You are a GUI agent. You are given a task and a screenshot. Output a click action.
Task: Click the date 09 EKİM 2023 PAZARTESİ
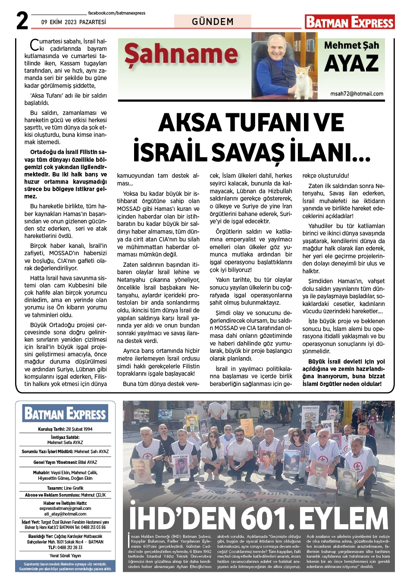[x=74, y=22]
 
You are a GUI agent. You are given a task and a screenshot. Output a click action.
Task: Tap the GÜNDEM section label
[x=213, y=22]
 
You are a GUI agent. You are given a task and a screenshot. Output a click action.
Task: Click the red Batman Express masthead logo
[x=350, y=22]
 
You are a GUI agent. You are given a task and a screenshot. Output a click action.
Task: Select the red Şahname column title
[x=181, y=55]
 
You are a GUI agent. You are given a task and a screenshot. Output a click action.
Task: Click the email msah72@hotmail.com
[x=357, y=93]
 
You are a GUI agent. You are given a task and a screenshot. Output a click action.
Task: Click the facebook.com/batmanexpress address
[x=116, y=13]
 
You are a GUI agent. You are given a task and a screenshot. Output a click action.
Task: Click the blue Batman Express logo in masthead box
[x=65, y=414]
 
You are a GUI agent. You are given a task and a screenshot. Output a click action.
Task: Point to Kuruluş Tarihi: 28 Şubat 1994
[x=65, y=429]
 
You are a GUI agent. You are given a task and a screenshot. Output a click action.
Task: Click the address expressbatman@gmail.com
[x=65, y=508]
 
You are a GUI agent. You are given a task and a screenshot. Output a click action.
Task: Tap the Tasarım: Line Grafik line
[x=65, y=488]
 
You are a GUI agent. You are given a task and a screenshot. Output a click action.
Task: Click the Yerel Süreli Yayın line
[x=65, y=556]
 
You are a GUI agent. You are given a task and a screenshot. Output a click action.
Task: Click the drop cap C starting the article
[x=34, y=45]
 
